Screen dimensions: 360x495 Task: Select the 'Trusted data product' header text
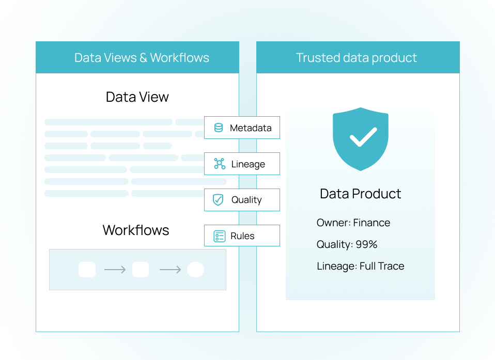point(357,57)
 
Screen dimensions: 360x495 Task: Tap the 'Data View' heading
point(137,97)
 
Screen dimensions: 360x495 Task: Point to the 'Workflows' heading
point(136,230)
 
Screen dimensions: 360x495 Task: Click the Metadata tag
point(242,128)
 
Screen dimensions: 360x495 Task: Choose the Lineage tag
point(242,164)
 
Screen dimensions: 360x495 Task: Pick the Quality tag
point(242,200)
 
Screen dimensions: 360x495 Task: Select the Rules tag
point(242,236)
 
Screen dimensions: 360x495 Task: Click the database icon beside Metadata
point(219,128)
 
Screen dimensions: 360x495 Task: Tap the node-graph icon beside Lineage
point(220,164)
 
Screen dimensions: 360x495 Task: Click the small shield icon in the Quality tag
point(219,200)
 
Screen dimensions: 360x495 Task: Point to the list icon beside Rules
point(220,236)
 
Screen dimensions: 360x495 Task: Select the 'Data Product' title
point(360,194)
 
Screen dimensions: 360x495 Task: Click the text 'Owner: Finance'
point(353,223)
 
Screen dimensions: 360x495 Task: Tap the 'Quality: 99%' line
point(347,244)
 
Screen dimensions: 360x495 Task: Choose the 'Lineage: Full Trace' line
point(360,266)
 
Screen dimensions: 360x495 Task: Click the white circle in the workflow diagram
point(195,270)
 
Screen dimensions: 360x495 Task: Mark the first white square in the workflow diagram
point(87,270)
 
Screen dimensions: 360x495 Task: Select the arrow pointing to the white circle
point(170,270)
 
